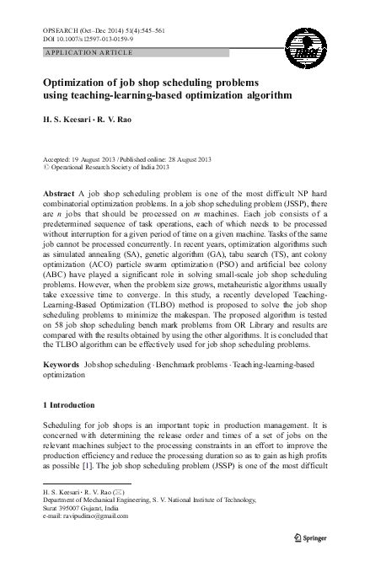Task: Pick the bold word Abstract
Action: (58, 192)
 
